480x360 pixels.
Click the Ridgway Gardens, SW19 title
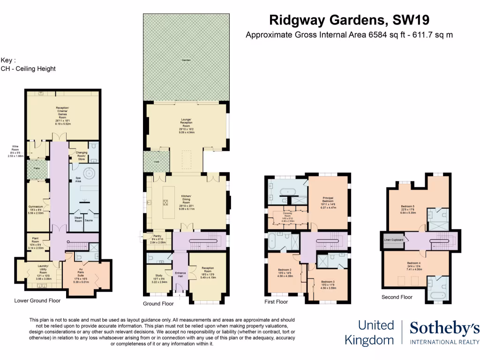click(350, 20)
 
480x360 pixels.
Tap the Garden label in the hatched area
click(187, 60)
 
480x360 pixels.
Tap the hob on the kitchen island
click(165, 202)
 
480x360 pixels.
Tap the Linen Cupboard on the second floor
click(393, 240)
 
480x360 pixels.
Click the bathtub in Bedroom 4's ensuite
click(438, 295)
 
